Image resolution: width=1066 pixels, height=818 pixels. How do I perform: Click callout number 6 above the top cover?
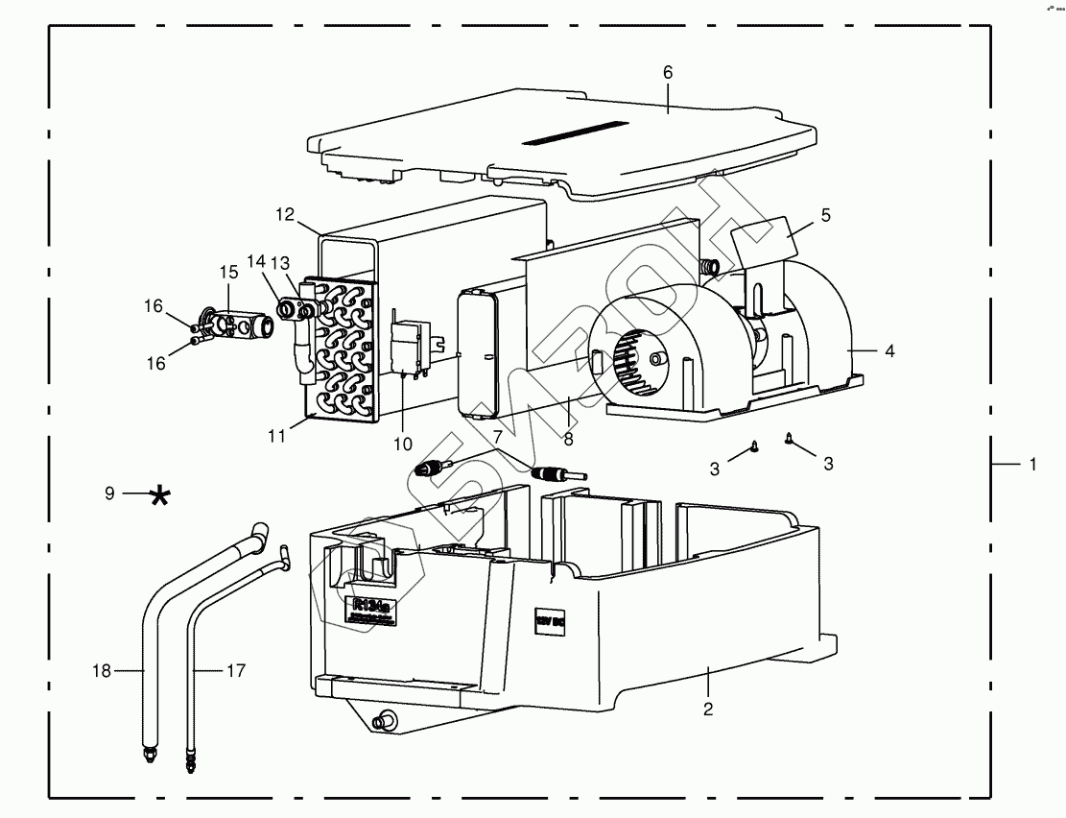pyautogui.click(x=668, y=73)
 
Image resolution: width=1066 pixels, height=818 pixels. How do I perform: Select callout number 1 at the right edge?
pyautogui.click(x=1032, y=465)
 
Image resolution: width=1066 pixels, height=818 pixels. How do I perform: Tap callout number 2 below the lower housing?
pyautogui.click(x=708, y=710)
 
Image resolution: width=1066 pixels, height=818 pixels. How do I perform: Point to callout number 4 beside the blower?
pyautogui.click(x=889, y=351)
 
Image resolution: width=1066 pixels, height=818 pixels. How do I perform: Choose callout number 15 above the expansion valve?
pyautogui.click(x=228, y=273)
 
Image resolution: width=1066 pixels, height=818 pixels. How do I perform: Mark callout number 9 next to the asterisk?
pyautogui.click(x=109, y=493)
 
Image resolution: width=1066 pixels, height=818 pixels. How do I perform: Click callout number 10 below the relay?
pyautogui.click(x=402, y=444)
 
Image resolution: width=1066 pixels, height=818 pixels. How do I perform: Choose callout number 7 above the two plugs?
pyautogui.click(x=497, y=438)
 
